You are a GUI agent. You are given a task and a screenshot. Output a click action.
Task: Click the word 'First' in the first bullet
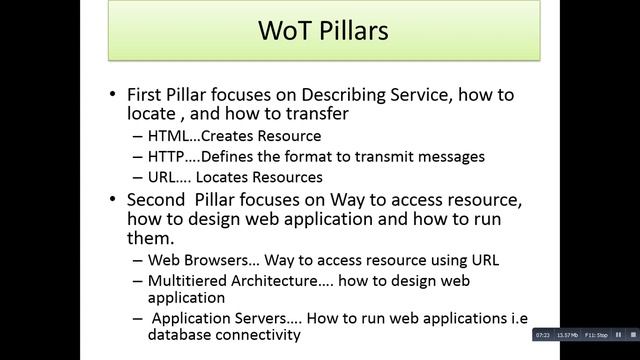pyautogui.click(x=149, y=94)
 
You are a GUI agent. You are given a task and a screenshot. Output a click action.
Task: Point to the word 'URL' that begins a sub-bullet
pyautogui.click(x=163, y=178)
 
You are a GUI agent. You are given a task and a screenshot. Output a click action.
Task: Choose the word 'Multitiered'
pyautogui.click(x=189, y=281)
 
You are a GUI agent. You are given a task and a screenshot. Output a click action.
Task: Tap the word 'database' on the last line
pyautogui.click(x=181, y=335)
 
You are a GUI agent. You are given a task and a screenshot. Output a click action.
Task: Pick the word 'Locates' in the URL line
pyautogui.click(x=227, y=178)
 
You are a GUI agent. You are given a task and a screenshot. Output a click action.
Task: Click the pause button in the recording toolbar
pyautogui.click(x=619, y=334)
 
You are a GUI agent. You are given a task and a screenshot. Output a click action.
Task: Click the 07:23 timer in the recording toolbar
pyautogui.click(x=543, y=334)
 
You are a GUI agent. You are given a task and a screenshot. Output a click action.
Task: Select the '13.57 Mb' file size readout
pyautogui.click(x=567, y=334)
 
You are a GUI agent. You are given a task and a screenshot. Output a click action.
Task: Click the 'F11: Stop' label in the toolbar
pyautogui.click(x=595, y=334)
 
